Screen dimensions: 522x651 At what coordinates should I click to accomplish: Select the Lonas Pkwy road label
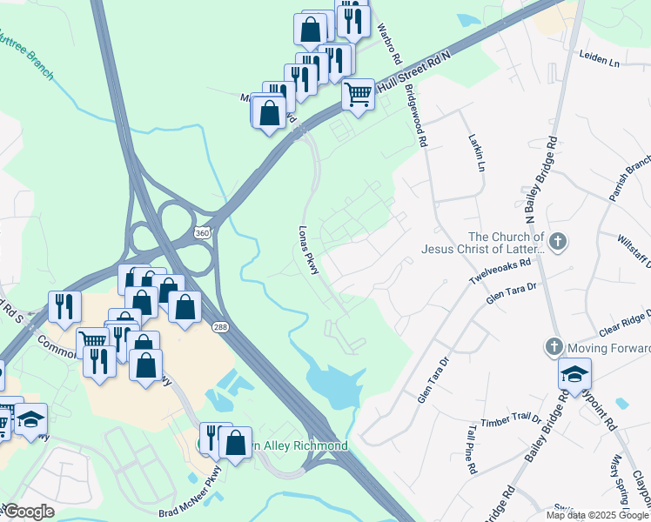point(307,252)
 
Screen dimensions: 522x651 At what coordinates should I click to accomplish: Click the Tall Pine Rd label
point(471,450)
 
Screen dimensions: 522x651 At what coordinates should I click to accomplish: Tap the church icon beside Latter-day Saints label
point(558,241)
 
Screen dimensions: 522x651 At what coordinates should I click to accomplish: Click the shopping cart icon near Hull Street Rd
point(358,94)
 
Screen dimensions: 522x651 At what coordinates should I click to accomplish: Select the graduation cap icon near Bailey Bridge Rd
point(574,374)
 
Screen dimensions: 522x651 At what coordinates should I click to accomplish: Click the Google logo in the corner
point(29,512)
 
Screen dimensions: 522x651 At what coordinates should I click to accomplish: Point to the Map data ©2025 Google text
point(597,515)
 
